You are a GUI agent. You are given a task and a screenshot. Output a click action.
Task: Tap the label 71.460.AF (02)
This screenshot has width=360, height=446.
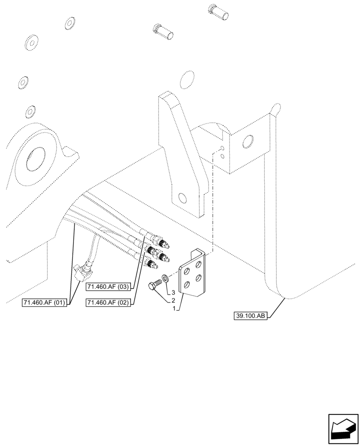108,303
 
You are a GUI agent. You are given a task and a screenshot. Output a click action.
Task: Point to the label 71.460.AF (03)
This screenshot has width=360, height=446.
108,287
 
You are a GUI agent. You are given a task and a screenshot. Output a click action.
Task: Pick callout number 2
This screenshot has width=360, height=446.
173,301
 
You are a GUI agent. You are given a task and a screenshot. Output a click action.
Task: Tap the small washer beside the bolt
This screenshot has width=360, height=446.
164,279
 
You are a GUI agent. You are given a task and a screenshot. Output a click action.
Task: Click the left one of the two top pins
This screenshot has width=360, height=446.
163,31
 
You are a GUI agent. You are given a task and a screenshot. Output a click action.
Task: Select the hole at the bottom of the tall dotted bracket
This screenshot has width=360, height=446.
181,198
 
